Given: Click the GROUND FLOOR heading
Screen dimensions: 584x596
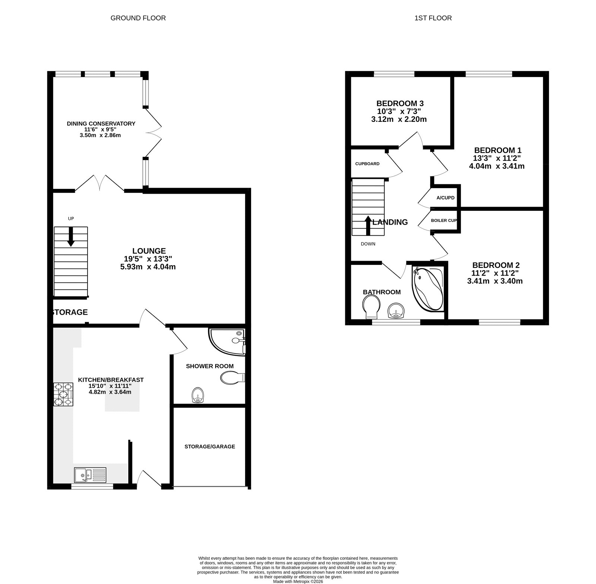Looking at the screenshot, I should pyautogui.click(x=138, y=18).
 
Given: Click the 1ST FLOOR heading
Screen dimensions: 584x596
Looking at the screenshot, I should pyautogui.click(x=433, y=18).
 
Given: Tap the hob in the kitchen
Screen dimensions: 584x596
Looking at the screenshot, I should pyautogui.click(x=64, y=394).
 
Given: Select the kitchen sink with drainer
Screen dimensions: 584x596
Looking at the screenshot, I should pyautogui.click(x=90, y=475).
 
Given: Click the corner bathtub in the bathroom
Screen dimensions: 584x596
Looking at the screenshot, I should pyautogui.click(x=428, y=289).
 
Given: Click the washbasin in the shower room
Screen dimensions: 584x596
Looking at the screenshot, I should pyautogui.click(x=198, y=396).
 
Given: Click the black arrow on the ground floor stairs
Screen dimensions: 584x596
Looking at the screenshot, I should pyautogui.click(x=71, y=237).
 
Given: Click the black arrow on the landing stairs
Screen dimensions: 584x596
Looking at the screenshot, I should pyautogui.click(x=368, y=225).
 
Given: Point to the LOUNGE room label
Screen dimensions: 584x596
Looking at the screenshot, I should pyautogui.click(x=149, y=251).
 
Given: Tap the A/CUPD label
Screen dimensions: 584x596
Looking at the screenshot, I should pyautogui.click(x=446, y=198).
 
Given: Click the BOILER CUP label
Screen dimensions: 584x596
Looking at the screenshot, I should pyautogui.click(x=444, y=220).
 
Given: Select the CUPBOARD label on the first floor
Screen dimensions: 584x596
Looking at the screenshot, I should pyautogui.click(x=367, y=164).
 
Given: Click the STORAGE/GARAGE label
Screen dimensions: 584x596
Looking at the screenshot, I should pyautogui.click(x=210, y=447).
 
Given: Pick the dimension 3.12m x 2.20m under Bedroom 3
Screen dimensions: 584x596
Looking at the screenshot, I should pyautogui.click(x=399, y=120).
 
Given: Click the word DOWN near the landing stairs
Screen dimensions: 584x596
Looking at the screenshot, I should pyautogui.click(x=368, y=244).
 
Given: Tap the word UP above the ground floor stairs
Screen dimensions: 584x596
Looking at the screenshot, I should pyautogui.click(x=71, y=219).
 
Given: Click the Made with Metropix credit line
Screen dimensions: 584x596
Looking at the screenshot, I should pyautogui.click(x=298, y=581).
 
